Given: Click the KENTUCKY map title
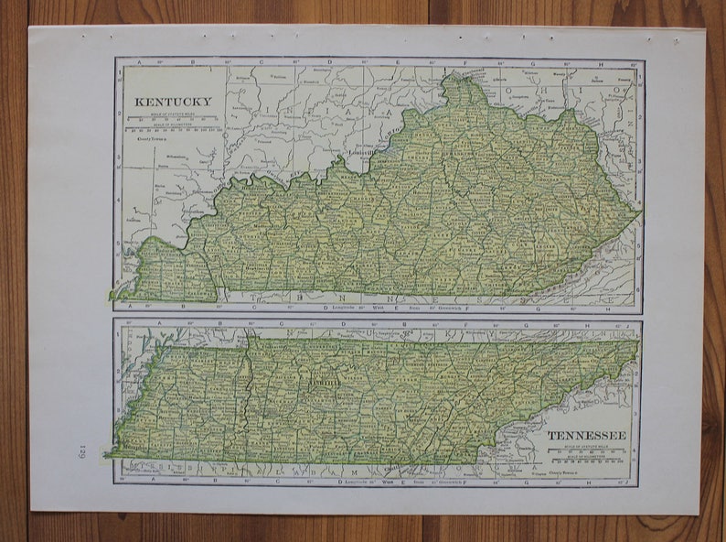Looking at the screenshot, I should pos(173,102).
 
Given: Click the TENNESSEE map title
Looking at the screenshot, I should pos(587,435).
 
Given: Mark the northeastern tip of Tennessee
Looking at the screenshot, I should pos(636,342).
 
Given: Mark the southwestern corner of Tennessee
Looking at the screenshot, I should pos(109,454).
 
